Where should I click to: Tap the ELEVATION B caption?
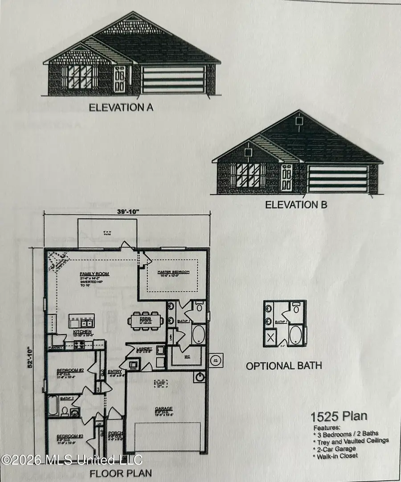[296, 205]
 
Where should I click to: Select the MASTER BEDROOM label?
[173, 272]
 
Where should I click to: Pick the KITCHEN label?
[82, 332]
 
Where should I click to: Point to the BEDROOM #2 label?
[70, 371]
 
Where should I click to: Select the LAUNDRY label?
[145, 348]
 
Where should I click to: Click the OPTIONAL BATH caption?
[284, 366]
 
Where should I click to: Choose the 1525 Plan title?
[339, 416]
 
